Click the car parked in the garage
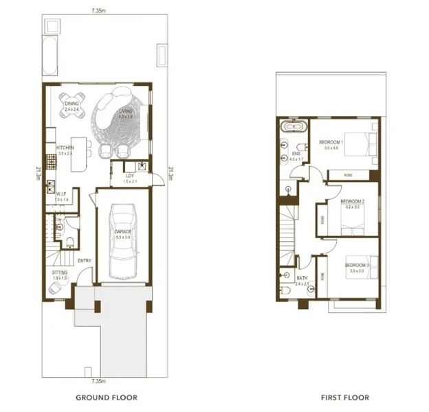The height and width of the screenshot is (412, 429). tap(122, 235)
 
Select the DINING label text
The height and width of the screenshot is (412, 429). tap(73, 104)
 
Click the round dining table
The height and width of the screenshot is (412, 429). tap(72, 106)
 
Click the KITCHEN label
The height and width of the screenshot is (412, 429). tap(65, 147)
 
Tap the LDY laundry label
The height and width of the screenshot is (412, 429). tap(129, 176)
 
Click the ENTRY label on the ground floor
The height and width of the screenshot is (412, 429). tap(85, 260)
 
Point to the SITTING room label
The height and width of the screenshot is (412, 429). tap(60, 273)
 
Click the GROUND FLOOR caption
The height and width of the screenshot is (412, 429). tap(106, 397)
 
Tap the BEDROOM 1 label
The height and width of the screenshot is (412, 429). tap(331, 142)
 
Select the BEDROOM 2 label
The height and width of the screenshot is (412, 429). tap(351, 201)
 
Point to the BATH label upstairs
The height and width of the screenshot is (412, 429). tap(301, 279)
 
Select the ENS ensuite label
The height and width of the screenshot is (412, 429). tap(296, 154)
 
